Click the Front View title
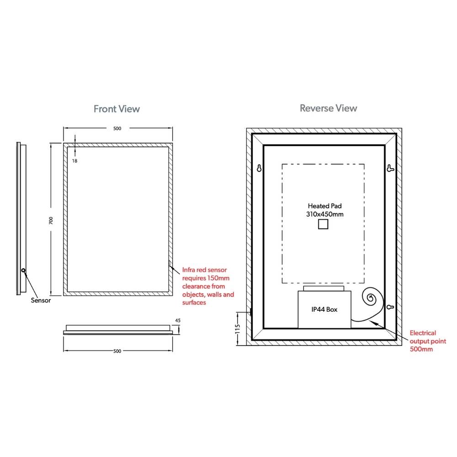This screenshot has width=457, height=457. click(117, 109)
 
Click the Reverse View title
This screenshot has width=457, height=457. click(329, 108)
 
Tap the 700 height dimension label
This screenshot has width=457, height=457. click(51, 220)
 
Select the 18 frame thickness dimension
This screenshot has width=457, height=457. click(74, 160)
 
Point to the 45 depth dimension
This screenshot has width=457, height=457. click(178, 320)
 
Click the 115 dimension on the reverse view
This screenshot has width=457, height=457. click(238, 329)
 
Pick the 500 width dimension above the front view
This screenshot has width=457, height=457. click(117, 128)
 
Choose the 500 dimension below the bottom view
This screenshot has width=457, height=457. click(117, 351)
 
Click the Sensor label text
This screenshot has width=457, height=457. click(41, 300)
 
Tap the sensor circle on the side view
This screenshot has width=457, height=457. click(23, 271)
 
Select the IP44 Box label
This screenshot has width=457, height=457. click(324, 309)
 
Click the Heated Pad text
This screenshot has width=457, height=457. click(324, 206)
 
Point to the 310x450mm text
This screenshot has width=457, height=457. click(324, 214)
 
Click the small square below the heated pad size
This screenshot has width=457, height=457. click(323, 224)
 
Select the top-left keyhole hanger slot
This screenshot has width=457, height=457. click(259, 168)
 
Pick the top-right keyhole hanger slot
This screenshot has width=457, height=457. click(390, 168)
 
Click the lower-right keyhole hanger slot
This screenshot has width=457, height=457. click(390, 307)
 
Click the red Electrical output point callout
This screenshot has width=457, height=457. click(428, 341)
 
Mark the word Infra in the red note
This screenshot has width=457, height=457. click(188, 270)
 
